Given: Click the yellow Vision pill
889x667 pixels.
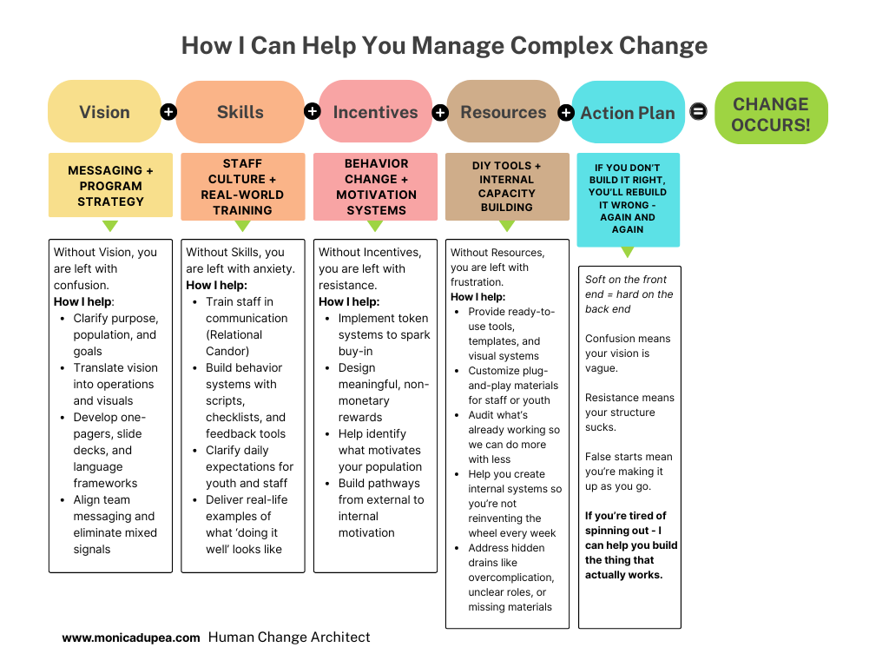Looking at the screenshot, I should coord(104,112).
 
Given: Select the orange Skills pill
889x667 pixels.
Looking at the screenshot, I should coord(240,112).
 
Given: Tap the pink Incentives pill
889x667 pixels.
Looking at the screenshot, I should coord(375,112).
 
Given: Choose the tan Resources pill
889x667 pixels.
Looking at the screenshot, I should coord(503,112).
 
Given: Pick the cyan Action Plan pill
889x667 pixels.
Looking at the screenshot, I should coord(628,113).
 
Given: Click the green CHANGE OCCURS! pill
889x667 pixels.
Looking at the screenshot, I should coord(771,114).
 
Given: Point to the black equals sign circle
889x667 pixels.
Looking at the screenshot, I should coord(698,112).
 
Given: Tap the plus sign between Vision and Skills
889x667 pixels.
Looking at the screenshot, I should coord(168,112).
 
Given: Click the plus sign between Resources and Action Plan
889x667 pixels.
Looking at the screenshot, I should coord(566,113).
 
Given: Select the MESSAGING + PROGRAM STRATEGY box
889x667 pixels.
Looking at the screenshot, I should coord(110,186).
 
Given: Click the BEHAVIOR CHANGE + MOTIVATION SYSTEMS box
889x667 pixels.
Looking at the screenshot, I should coord(376,187).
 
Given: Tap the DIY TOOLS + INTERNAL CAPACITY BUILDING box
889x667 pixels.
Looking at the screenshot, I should coord(507,187).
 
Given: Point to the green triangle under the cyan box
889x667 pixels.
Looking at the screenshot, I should coord(628,253).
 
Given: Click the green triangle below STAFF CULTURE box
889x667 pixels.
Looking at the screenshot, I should coord(243,227).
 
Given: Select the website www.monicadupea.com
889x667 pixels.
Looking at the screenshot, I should coord(131,637).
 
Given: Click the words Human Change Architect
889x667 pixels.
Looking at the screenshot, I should coord(289,637).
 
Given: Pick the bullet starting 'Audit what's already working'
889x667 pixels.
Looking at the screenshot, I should coord(513,437).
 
